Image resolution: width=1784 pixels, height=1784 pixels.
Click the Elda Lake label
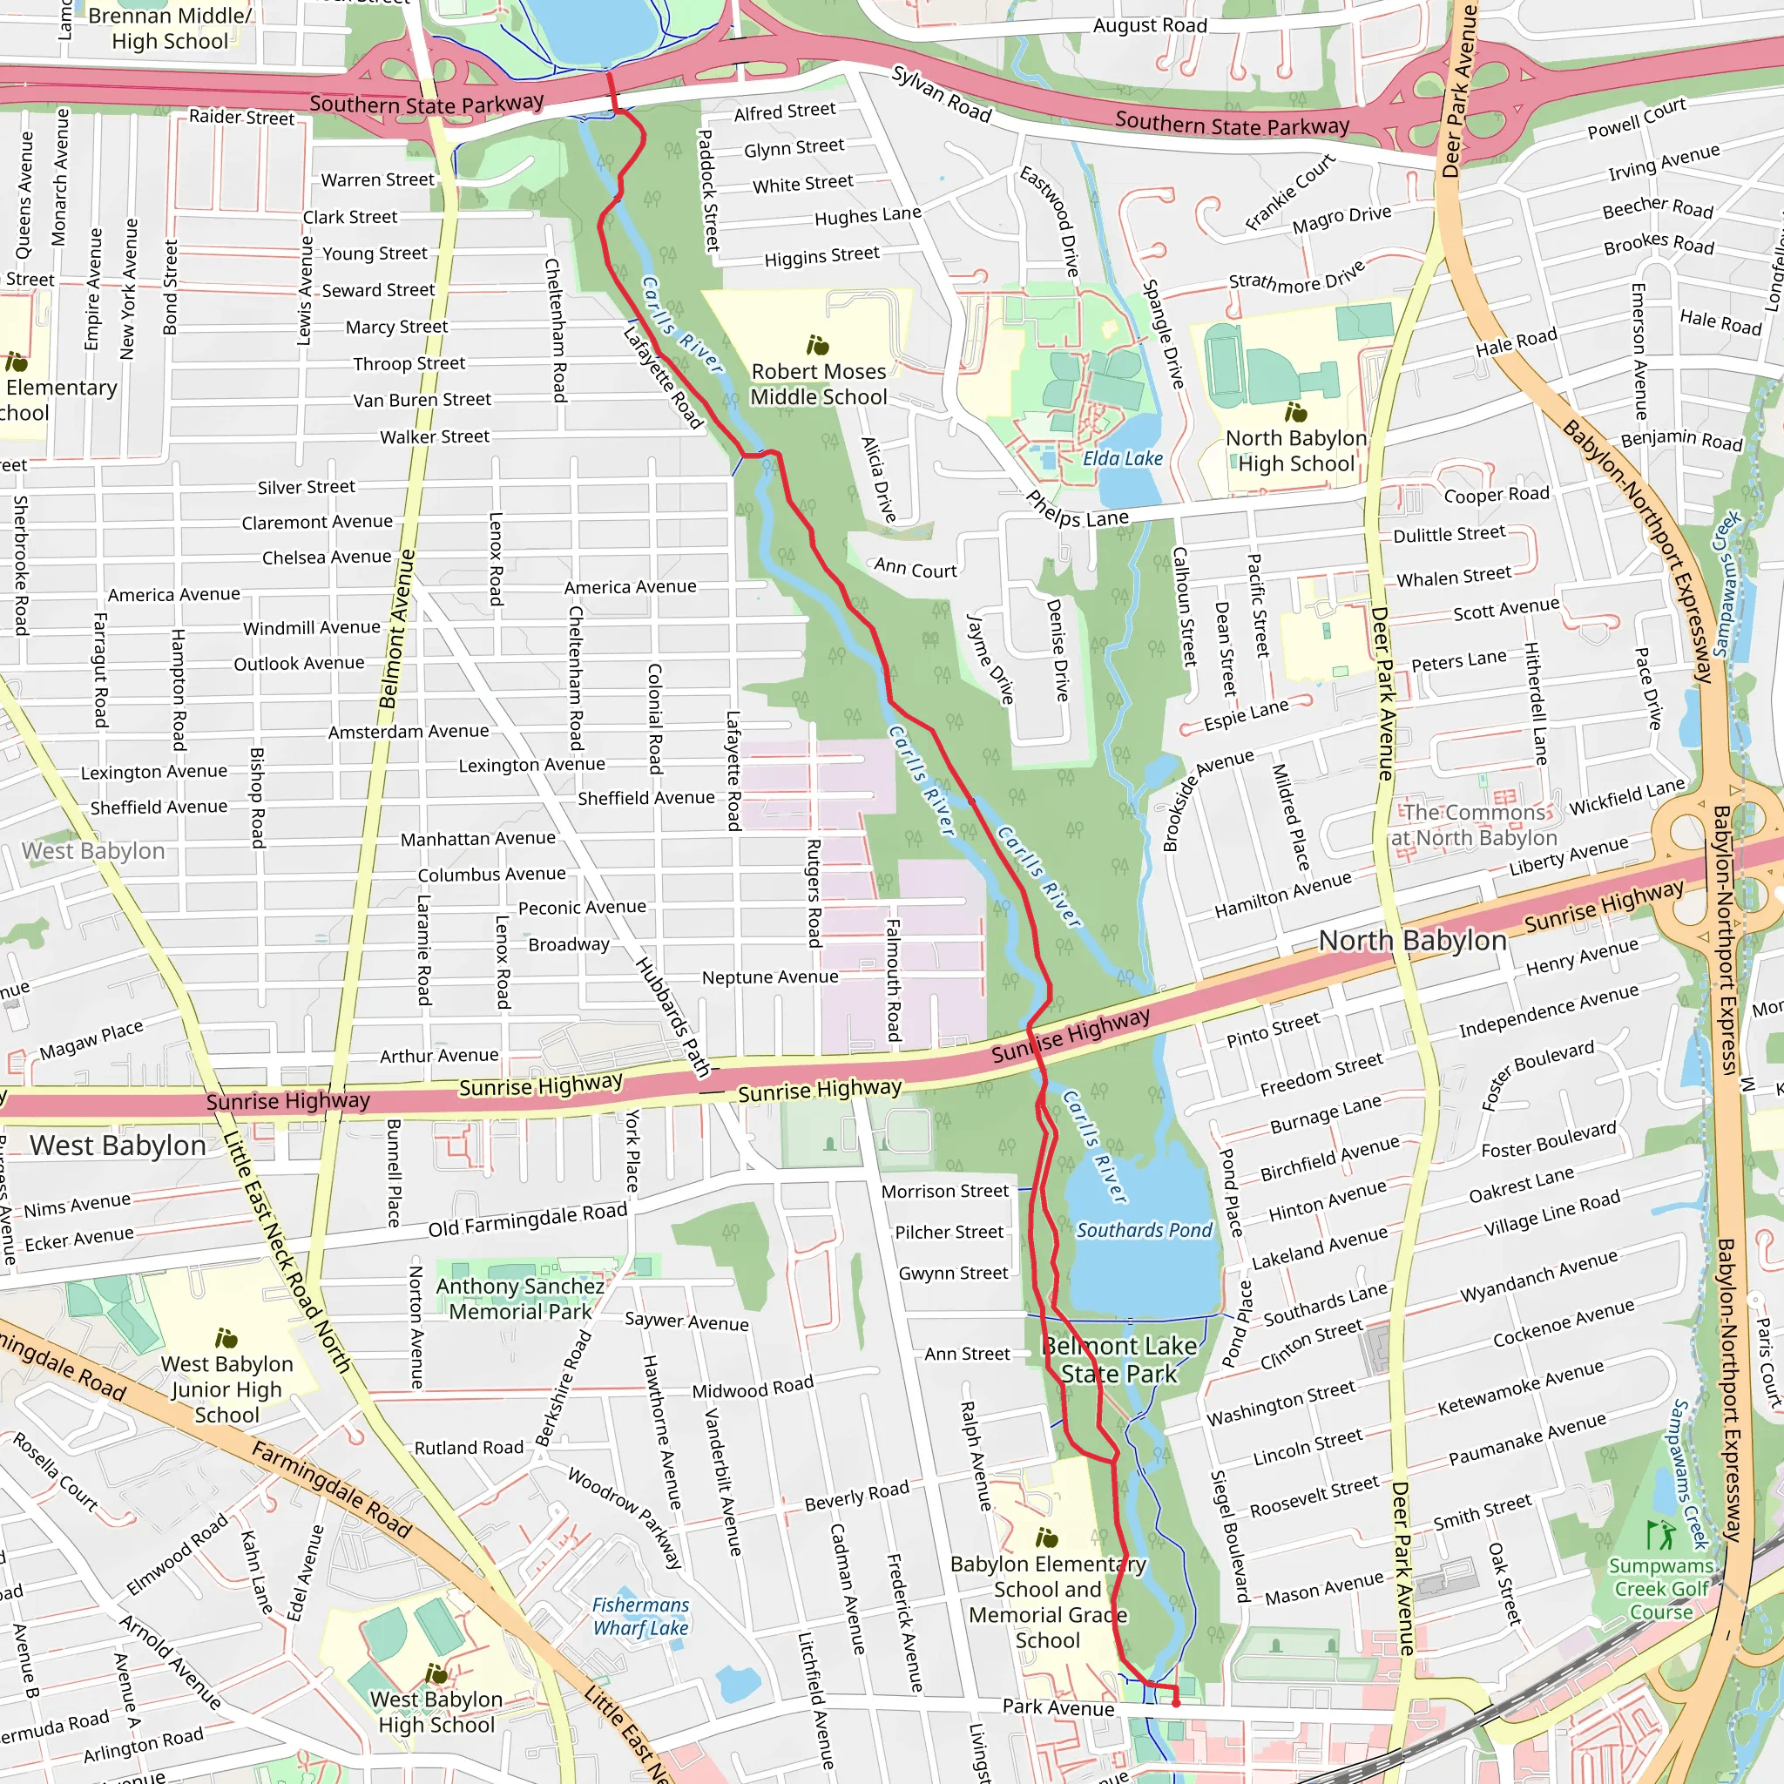click(1122, 458)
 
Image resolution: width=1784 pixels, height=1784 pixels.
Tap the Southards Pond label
click(1143, 1230)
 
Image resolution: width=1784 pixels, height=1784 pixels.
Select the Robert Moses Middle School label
click(818, 384)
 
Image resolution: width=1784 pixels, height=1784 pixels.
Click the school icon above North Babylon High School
click(1295, 412)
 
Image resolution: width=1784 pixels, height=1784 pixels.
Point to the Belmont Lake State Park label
click(1119, 1359)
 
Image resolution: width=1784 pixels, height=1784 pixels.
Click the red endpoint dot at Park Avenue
click(1175, 1703)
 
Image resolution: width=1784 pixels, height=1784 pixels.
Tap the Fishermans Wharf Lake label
click(641, 1616)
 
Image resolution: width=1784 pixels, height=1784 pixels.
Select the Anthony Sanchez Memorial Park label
click(520, 1298)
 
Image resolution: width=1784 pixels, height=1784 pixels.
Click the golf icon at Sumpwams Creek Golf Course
click(1659, 1535)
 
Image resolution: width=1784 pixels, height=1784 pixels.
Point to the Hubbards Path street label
click(673, 1017)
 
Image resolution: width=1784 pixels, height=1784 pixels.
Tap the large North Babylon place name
click(1412, 940)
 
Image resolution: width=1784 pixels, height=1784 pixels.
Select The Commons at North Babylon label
click(1474, 825)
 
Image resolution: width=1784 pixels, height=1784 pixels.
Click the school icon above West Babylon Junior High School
click(226, 1338)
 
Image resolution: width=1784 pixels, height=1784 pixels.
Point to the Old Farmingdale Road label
click(527, 1220)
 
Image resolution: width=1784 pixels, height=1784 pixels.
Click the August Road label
click(1150, 26)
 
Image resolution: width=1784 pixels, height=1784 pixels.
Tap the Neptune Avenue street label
click(770, 977)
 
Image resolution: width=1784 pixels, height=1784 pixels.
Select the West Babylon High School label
click(436, 1712)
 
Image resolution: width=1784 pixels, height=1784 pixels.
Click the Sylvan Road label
click(941, 94)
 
